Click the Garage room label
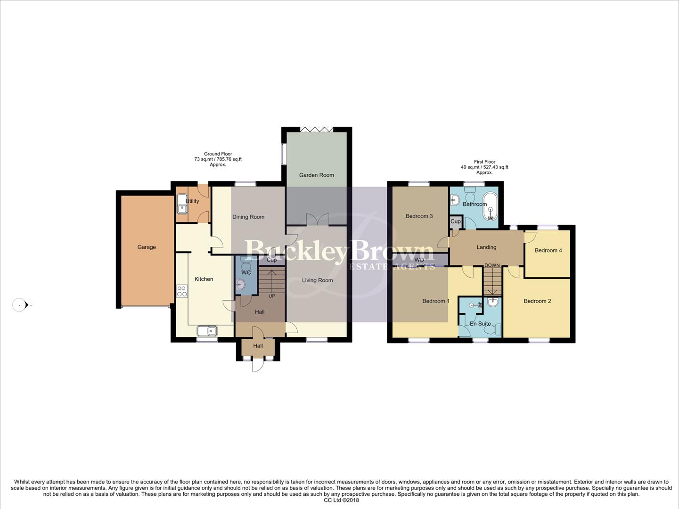tap(147, 247)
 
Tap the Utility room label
tap(192, 201)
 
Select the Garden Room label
tap(317, 175)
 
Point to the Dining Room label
tap(248, 217)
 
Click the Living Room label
tap(317, 280)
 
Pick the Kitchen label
tap(204, 279)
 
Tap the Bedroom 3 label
tap(419, 216)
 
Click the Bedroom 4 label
tap(548, 250)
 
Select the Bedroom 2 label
tap(537, 301)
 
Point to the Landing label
tap(486, 247)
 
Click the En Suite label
tap(480, 324)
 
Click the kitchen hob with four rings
tap(182, 291)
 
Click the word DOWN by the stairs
tap(492, 265)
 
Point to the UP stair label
tap(272, 296)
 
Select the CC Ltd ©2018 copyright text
tap(341, 501)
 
